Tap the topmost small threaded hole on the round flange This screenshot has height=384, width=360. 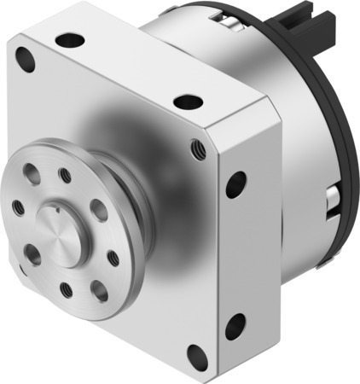pyautogui.click(x=65, y=176)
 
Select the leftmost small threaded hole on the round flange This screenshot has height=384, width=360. pyautogui.click(x=18, y=207)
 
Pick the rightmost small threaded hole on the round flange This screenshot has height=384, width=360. pyautogui.click(x=113, y=259)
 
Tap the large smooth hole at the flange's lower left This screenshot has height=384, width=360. pyautogui.click(x=33, y=253)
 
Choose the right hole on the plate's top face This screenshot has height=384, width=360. pyautogui.click(x=188, y=102)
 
